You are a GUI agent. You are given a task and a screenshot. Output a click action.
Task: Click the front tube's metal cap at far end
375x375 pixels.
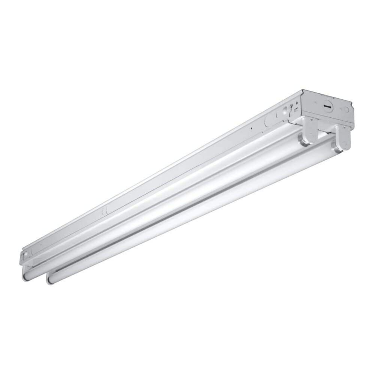click(335, 147)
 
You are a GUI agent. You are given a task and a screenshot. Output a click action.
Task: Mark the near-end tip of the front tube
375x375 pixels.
click(49, 280)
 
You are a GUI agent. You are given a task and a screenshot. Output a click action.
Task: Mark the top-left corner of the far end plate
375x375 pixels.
click(303, 90)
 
